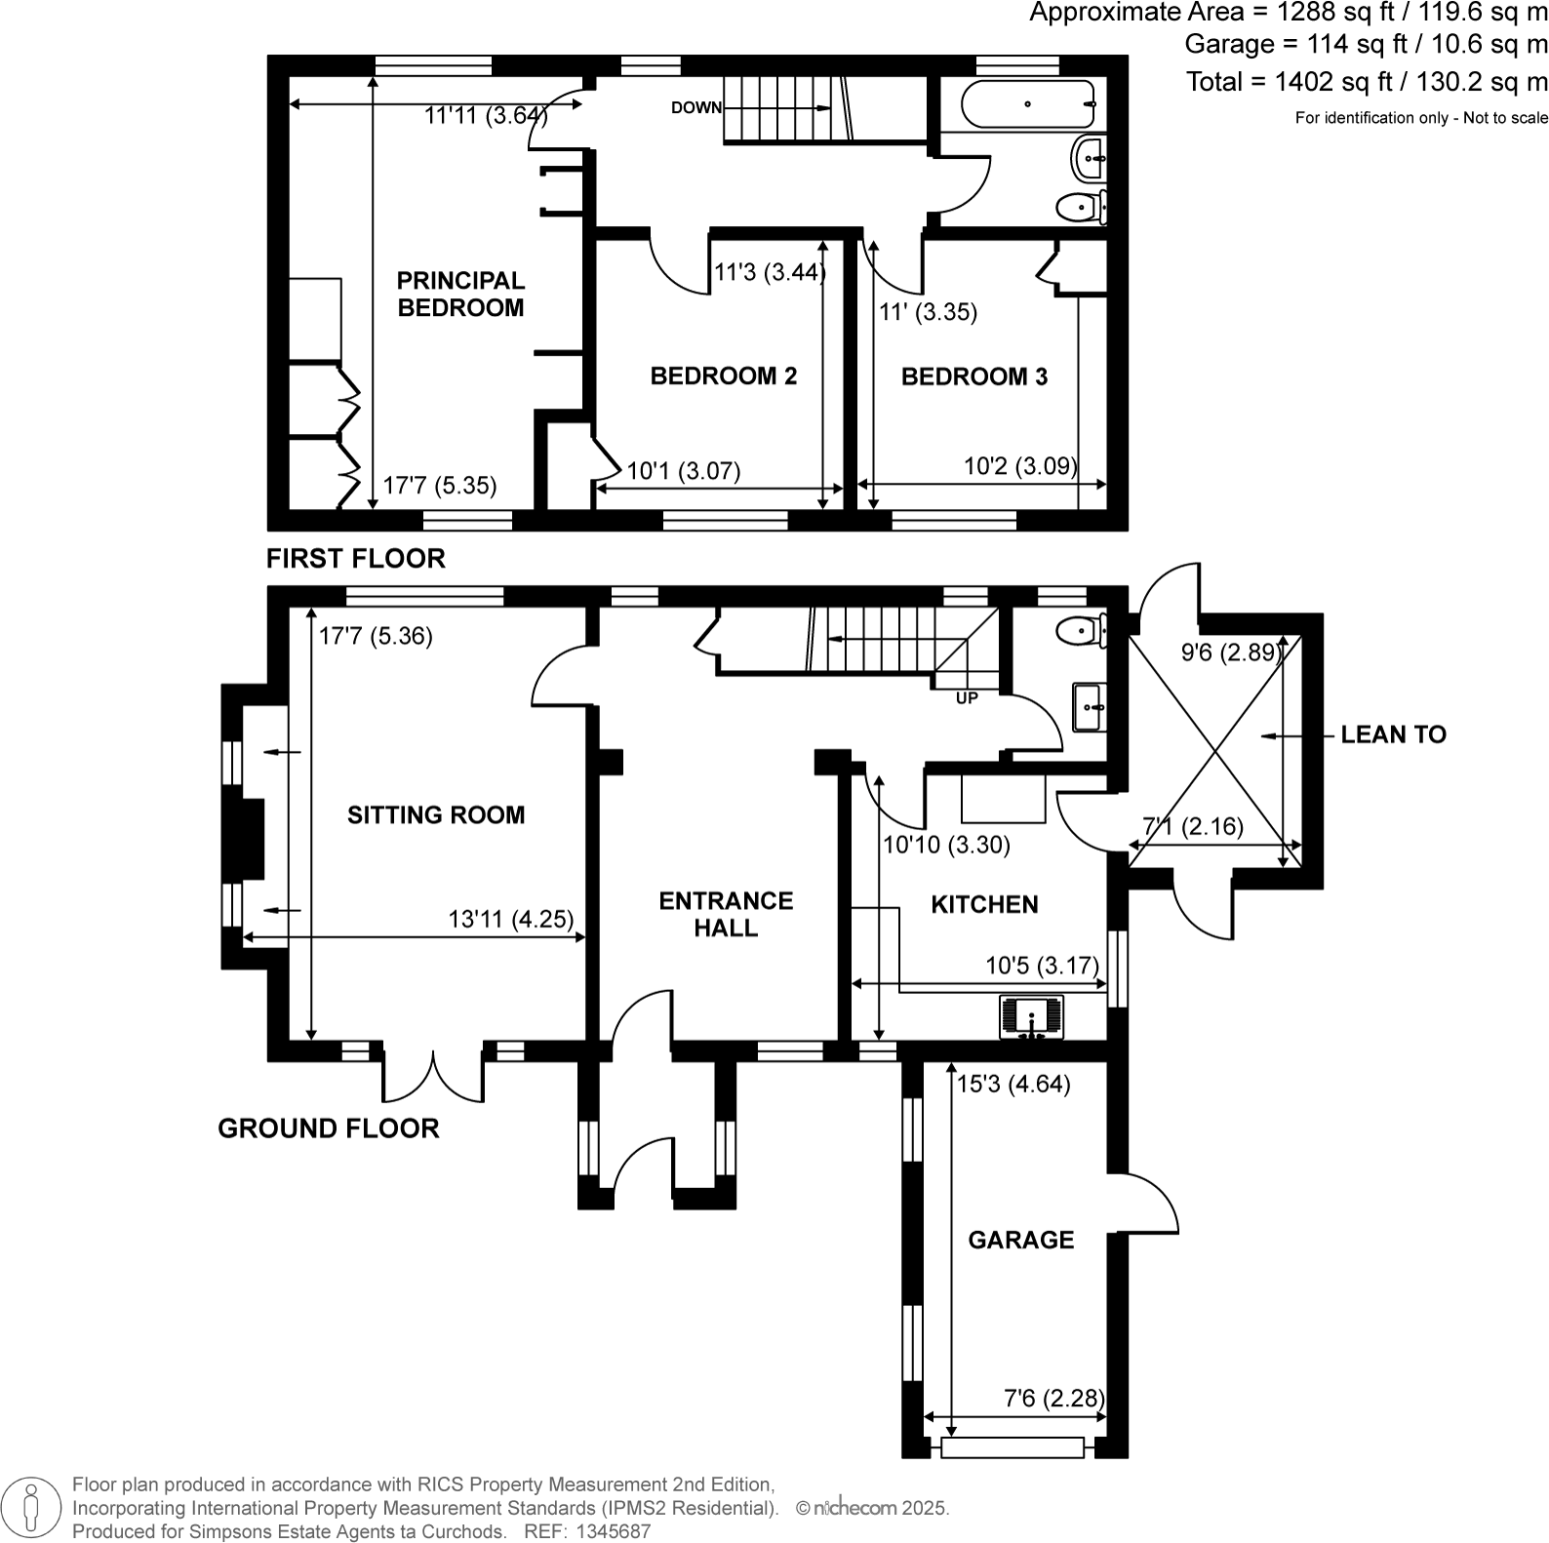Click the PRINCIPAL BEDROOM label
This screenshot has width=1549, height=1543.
(x=460, y=294)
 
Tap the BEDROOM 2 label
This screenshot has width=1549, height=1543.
(x=723, y=376)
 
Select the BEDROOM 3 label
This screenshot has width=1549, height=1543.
(x=973, y=376)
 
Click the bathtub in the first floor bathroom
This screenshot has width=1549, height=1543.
(x=1028, y=104)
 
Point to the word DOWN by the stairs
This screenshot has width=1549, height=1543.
(x=695, y=107)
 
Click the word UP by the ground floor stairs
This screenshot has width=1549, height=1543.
(x=966, y=698)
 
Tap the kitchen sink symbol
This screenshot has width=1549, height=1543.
(x=1031, y=1016)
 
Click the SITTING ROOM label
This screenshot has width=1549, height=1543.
(x=436, y=814)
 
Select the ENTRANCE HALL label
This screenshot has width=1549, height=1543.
(x=726, y=914)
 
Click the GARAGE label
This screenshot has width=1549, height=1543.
(x=1020, y=1240)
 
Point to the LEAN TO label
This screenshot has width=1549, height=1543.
(x=1393, y=734)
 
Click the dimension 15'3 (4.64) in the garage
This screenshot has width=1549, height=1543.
(x=1013, y=1084)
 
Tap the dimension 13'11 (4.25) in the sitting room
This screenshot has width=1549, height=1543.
(x=510, y=919)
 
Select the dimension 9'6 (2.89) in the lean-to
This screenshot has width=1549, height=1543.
(x=1229, y=653)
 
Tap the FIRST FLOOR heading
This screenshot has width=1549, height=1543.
(x=356, y=558)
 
